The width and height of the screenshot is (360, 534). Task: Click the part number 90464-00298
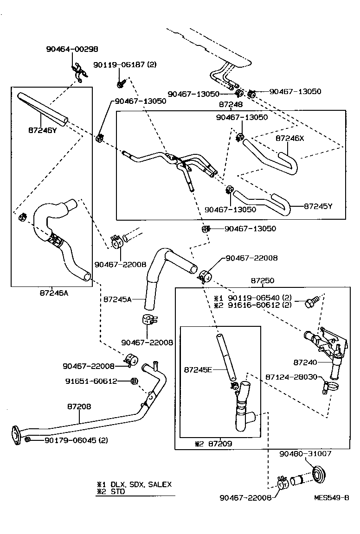[x=72, y=49]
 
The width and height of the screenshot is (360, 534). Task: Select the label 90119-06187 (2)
[x=124, y=65]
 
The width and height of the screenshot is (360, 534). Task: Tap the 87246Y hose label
[x=42, y=130]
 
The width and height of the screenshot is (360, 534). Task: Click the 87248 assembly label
[x=231, y=105]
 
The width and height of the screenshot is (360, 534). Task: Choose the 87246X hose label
[x=289, y=138]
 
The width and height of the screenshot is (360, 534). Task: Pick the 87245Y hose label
[x=318, y=206]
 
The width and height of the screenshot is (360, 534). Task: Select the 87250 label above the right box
[x=263, y=280]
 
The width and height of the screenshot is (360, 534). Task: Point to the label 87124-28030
[x=291, y=377]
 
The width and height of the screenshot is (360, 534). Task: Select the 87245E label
[x=198, y=369]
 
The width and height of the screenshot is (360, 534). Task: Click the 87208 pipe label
[x=79, y=406]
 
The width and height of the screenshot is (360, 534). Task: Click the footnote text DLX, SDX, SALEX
[x=141, y=484]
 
